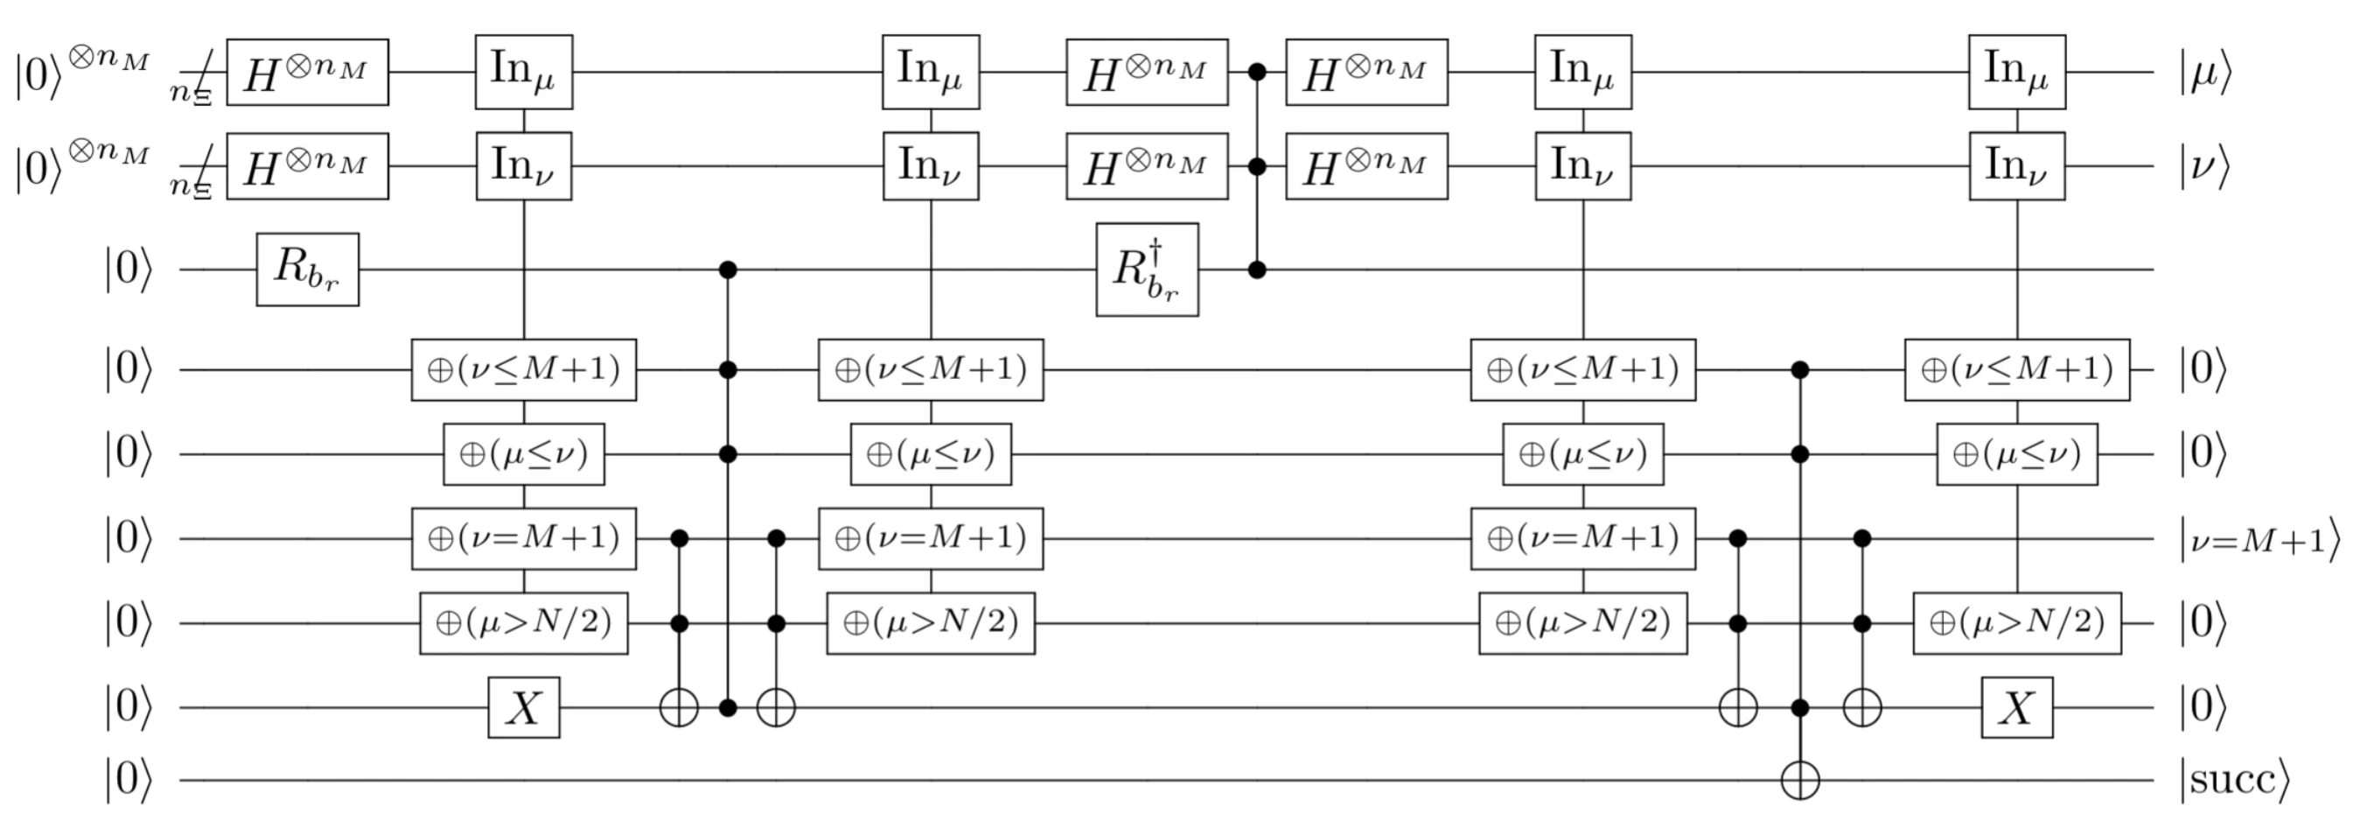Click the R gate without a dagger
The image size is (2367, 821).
pyautogui.click(x=307, y=270)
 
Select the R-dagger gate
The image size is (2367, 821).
pyautogui.click(x=1147, y=270)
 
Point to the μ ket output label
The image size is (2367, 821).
pyautogui.click(x=2204, y=74)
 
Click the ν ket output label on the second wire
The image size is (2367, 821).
pyautogui.click(x=2204, y=167)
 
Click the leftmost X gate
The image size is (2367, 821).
pyautogui.click(x=524, y=708)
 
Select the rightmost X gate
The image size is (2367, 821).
pyautogui.click(x=2017, y=708)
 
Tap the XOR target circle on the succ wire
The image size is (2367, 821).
pyautogui.click(x=1800, y=781)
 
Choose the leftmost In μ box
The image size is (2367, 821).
pyautogui.click(x=524, y=72)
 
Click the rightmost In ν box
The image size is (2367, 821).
pyautogui.click(x=2017, y=166)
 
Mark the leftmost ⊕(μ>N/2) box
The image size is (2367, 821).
pyautogui.click(x=524, y=623)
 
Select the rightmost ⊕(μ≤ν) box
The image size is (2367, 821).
pyautogui.click(x=2017, y=454)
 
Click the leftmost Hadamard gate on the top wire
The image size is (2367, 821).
pyautogui.click(x=307, y=73)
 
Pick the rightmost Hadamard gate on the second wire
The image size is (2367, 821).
pyautogui.click(x=1366, y=166)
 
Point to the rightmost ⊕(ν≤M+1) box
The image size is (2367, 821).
pyautogui.click(x=2017, y=369)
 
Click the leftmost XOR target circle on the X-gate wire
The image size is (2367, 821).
pyautogui.click(x=679, y=708)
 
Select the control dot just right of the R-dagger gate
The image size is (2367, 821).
pyautogui.click(x=1257, y=270)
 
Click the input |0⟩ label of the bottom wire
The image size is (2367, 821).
pyautogui.click(x=128, y=781)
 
